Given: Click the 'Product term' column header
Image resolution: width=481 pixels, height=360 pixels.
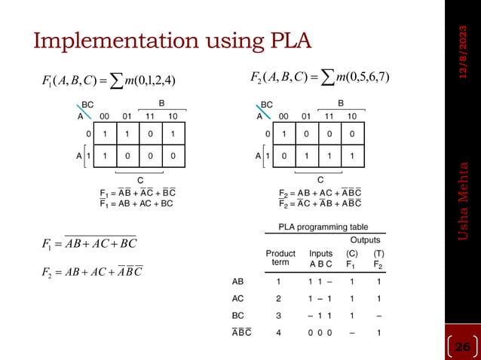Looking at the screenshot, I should point(280,258).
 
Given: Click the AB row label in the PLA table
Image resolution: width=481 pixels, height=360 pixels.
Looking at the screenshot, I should point(237,282).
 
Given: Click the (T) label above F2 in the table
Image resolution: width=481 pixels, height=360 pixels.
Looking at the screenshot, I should point(378,254).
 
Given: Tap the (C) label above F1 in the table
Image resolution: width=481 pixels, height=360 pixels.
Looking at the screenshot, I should point(351,254).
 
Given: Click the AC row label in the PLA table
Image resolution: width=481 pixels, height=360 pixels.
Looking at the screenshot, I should point(237,298).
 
